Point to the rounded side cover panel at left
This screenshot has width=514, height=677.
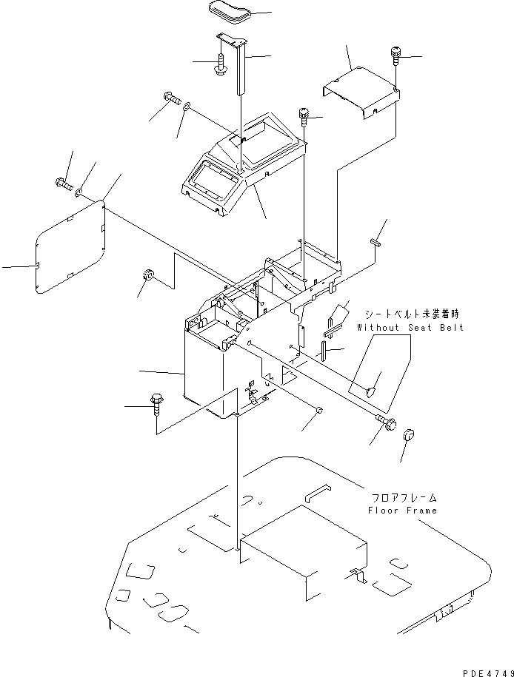coord(70,248)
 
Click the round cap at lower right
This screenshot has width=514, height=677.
coord(409,436)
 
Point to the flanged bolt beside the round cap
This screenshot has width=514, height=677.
coord(386,424)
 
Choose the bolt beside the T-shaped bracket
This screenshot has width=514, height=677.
coord(221,64)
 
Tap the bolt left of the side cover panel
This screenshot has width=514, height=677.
coord(61,182)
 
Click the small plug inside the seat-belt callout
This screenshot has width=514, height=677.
coord(373,385)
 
